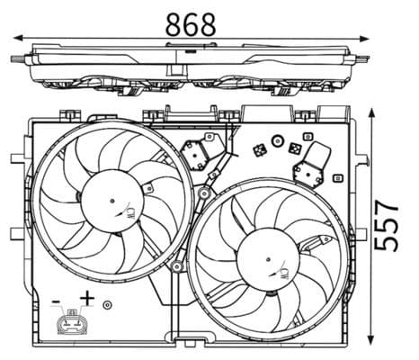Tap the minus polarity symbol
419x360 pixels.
pyautogui.click(x=56, y=299)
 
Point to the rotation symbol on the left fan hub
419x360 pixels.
pyautogui.click(x=130, y=212)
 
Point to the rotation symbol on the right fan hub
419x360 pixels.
pyautogui.click(x=286, y=271)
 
